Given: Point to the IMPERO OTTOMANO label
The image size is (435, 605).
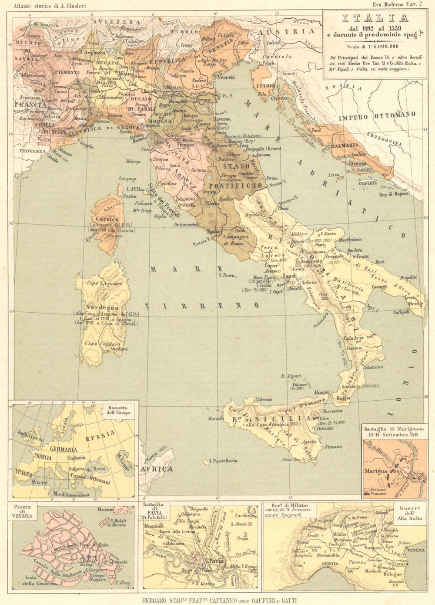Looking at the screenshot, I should click(x=377, y=116).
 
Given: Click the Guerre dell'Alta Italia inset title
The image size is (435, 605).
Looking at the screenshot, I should click(x=408, y=514).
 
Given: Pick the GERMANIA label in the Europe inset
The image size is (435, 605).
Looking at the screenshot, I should click(x=64, y=449).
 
